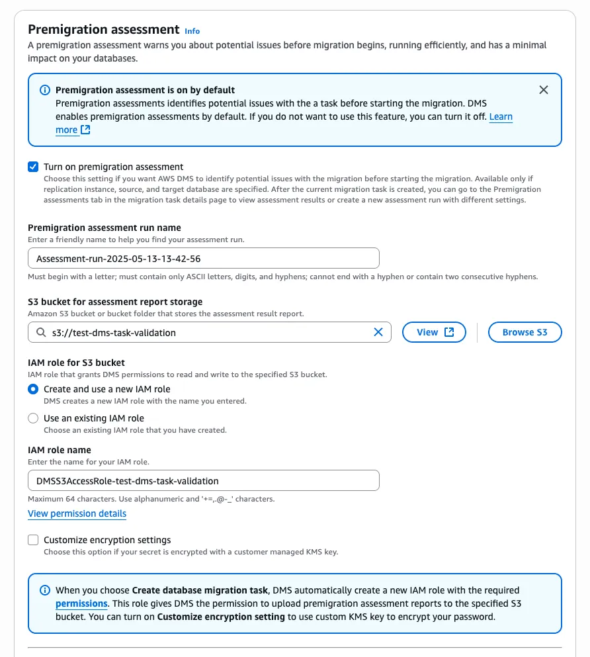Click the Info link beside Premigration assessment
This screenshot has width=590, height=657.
click(x=192, y=31)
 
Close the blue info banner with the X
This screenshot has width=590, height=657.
click(x=544, y=90)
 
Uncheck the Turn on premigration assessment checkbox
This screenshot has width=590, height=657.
click(x=33, y=167)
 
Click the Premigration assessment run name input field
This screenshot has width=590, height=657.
click(x=204, y=258)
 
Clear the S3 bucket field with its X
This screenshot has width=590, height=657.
click(x=378, y=332)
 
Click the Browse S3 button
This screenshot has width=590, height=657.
click(x=525, y=332)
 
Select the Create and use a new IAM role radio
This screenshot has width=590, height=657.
click(x=33, y=389)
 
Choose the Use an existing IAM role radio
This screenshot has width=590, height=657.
click(x=33, y=418)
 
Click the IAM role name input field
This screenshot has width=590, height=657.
click(x=204, y=480)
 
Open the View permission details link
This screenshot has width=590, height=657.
click(x=77, y=513)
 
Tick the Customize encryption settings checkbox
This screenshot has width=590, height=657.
click(x=33, y=540)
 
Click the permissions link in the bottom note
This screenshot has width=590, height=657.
click(x=81, y=603)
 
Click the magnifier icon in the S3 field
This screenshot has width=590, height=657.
click(x=41, y=332)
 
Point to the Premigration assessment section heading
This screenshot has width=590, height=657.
click(x=104, y=30)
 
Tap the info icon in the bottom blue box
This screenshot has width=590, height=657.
click(x=45, y=590)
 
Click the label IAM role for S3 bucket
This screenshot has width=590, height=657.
click(x=76, y=363)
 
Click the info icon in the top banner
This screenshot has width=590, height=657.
click(x=45, y=90)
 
